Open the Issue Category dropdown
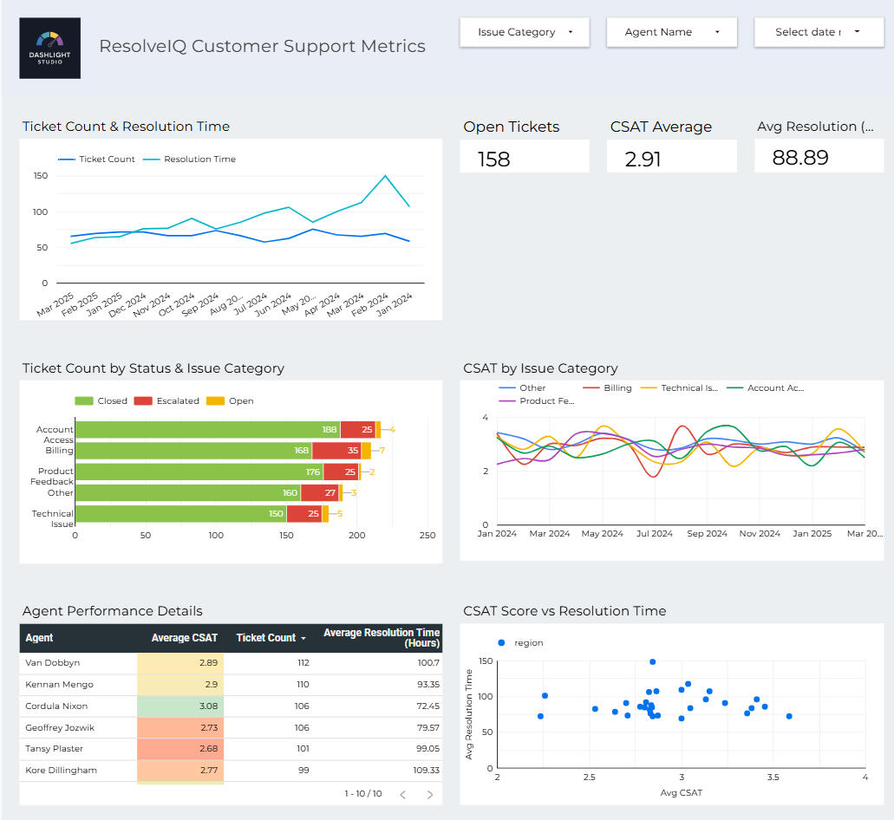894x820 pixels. tap(525, 32)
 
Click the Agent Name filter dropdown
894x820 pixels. tap(672, 32)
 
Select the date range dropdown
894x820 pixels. tap(819, 32)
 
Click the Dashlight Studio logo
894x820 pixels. tap(49, 48)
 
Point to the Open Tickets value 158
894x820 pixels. tap(494, 159)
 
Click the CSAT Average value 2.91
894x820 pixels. tap(643, 159)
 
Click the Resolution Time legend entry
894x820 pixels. tap(199, 159)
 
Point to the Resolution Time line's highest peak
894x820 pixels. tap(385, 176)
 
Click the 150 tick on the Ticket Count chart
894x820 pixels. tap(40, 175)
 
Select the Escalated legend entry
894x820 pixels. tap(177, 401)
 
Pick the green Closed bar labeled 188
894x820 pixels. tap(207, 430)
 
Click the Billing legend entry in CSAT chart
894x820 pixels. tap(617, 388)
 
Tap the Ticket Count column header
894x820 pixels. tap(266, 638)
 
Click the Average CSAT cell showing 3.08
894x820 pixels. tap(180, 706)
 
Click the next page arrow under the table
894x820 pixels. tap(429, 794)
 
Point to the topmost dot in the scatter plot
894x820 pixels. tap(652, 661)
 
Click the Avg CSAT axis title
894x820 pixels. tap(681, 793)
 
